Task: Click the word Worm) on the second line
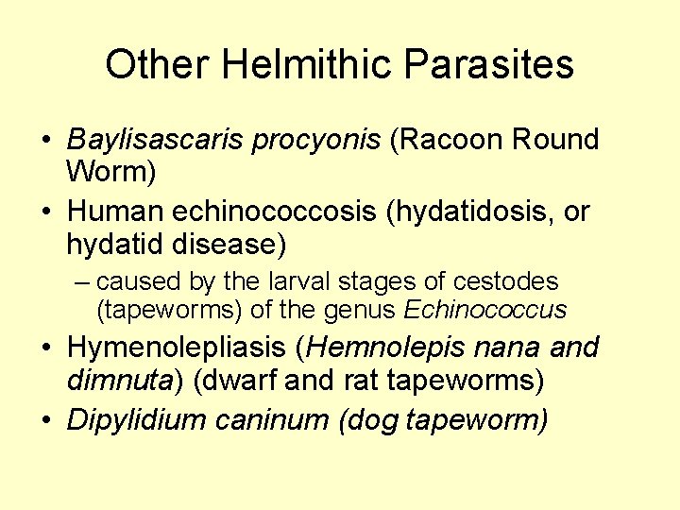tap(111, 173)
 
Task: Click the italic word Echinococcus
tap(485, 309)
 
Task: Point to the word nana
tap(510, 348)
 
